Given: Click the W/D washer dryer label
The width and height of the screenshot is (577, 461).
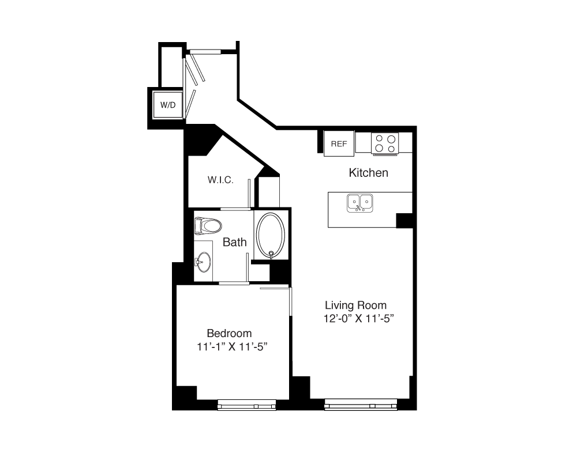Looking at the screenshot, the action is (168, 105).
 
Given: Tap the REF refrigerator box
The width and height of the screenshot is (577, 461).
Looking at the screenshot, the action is (339, 143).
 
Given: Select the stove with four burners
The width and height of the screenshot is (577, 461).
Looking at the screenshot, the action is (385, 143).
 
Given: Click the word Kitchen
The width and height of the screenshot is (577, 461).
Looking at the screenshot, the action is (368, 173).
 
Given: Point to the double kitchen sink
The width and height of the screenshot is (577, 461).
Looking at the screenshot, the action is (360, 203).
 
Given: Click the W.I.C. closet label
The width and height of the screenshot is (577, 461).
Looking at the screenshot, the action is (220, 180).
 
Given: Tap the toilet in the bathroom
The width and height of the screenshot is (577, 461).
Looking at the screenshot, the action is (208, 226).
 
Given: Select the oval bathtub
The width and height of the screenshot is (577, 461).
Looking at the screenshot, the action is (271, 235).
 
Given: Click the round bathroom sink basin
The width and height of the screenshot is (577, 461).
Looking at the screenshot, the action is (204, 262).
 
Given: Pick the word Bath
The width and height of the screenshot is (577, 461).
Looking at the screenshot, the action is (235, 242).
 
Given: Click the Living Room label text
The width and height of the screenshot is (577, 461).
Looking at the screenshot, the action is (355, 305).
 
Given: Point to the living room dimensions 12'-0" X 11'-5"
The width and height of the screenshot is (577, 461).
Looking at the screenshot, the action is (359, 318).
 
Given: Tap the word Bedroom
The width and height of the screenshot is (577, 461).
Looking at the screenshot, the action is (229, 334).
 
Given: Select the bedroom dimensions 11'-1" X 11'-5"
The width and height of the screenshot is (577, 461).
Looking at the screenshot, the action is (232, 347).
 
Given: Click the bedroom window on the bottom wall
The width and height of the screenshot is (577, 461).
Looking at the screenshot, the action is (246, 405).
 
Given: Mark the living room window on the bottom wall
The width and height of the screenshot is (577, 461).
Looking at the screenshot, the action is (361, 405).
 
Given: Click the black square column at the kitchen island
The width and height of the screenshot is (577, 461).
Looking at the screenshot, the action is (404, 221).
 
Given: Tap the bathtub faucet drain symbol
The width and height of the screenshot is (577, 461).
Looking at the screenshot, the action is (271, 254).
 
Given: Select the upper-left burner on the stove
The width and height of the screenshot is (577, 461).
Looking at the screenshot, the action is (379, 139).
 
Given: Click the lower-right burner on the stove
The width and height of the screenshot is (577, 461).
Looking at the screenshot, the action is (391, 149).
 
